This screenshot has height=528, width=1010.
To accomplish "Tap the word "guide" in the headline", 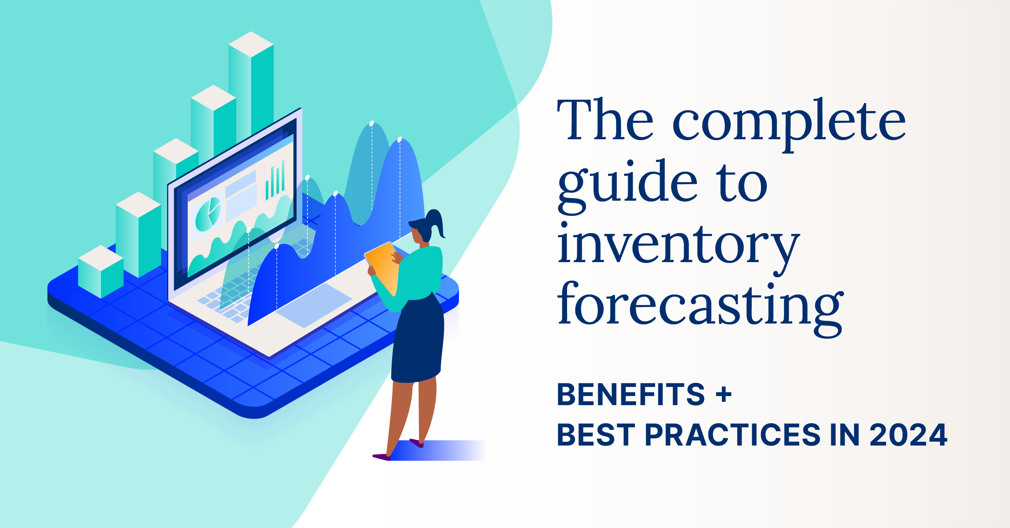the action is [x=628, y=186].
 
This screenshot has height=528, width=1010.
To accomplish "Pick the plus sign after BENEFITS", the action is [x=724, y=395].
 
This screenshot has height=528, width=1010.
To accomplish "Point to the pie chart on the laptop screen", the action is [x=208, y=214].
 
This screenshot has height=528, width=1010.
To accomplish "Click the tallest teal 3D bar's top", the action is [x=251, y=44].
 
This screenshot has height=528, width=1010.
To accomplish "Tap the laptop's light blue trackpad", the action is [x=314, y=305].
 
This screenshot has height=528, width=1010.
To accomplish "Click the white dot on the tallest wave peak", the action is [x=371, y=124].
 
